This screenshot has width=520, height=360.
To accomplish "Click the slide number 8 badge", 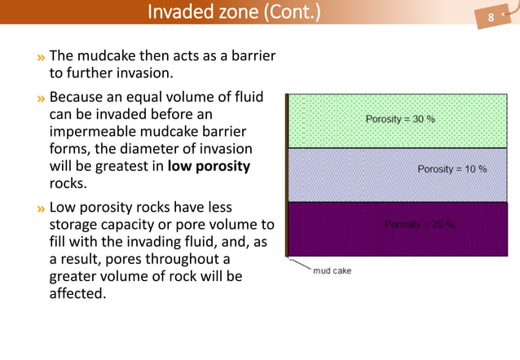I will pos(491,17).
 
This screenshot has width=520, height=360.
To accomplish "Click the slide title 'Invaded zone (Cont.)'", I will pos(234,14).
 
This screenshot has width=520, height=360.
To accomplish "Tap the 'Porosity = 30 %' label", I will pos(399,119).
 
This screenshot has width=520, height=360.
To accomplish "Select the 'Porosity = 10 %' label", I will pos(452,169).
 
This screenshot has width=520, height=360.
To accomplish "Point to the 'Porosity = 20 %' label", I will pos(419,225).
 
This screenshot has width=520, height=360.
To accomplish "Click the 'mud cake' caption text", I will pos(332,271).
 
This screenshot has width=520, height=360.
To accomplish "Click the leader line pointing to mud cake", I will pos(298,264).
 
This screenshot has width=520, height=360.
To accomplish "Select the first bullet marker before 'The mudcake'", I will pos(41,57).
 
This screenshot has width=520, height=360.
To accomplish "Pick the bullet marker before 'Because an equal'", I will pos(41,99).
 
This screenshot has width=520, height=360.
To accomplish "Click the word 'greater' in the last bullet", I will pos(75,276).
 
